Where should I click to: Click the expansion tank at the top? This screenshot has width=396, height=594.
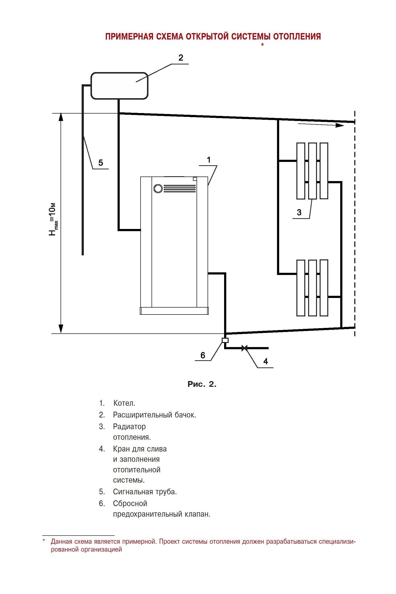119,86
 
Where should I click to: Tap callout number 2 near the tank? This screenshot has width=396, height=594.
181,58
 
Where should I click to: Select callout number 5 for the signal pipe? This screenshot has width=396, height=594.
101,162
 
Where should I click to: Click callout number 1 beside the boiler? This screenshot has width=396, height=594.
209,160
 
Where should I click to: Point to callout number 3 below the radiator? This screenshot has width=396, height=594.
299,212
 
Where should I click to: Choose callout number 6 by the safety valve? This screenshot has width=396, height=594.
203,355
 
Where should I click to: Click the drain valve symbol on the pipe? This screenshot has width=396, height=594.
244,348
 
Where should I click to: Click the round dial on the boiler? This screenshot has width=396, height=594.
158,188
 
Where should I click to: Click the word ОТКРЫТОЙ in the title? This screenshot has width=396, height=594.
208,37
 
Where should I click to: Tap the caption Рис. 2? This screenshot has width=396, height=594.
202,384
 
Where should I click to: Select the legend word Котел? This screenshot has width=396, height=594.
124,403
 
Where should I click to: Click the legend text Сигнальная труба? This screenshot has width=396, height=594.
145,492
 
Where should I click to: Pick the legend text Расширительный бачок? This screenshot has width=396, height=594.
154,415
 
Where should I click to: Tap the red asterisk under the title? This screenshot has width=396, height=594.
262,45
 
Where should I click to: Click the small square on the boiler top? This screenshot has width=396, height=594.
195,179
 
